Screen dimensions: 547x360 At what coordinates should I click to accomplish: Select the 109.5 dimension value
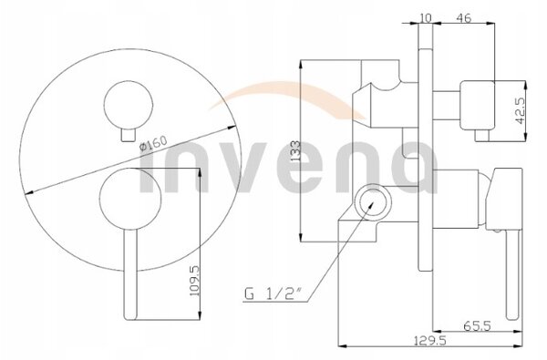pyautogui.click(x=194, y=281)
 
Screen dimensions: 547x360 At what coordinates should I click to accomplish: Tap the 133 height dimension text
pyautogui.click(x=295, y=150)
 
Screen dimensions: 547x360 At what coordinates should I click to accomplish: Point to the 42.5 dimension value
pyautogui.click(x=520, y=110)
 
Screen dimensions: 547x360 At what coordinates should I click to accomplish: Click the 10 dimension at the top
pyautogui.click(x=425, y=17)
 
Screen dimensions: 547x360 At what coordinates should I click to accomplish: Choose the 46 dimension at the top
pyautogui.click(x=464, y=17)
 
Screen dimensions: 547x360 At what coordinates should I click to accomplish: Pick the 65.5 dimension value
pyautogui.click(x=477, y=325)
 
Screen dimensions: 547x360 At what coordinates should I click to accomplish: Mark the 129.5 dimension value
pyautogui.click(x=429, y=341)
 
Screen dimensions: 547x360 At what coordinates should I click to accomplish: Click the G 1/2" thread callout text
pyautogui.click(x=273, y=294)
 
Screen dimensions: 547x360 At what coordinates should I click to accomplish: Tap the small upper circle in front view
pyautogui.click(x=129, y=105)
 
